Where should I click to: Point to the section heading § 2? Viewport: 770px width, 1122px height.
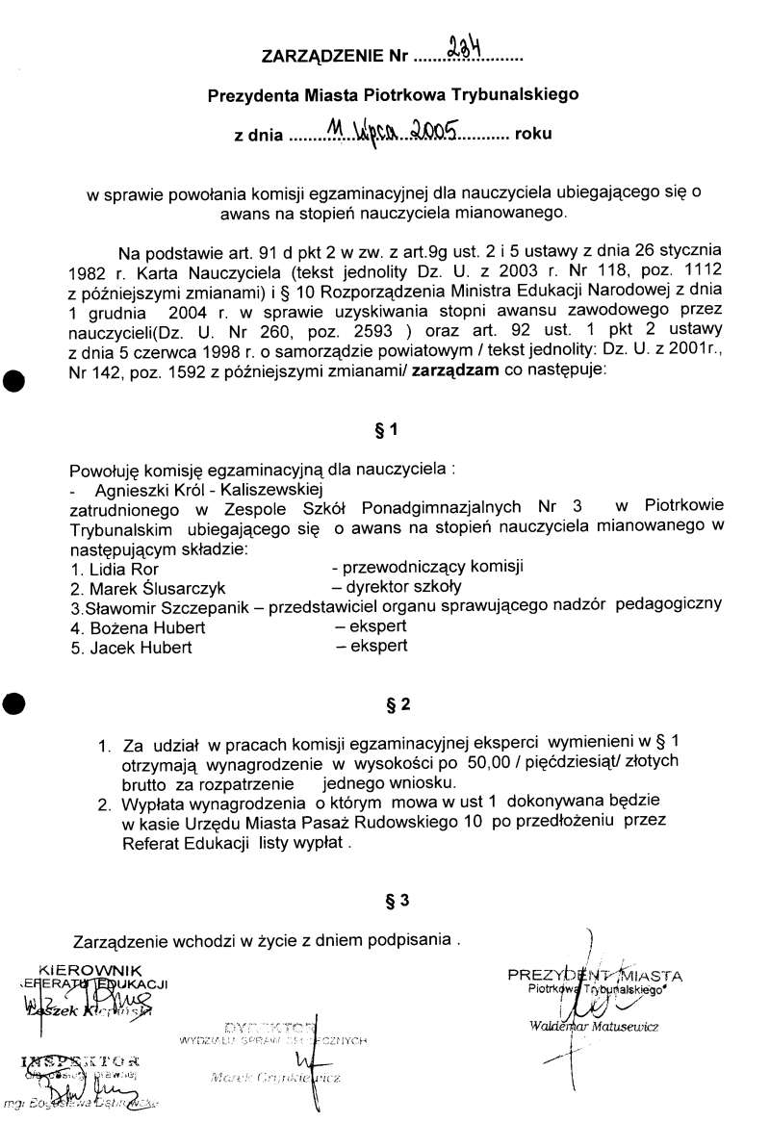click(398, 704)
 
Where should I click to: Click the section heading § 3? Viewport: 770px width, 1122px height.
click(398, 901)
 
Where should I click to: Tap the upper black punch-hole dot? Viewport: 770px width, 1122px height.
click(13, 380)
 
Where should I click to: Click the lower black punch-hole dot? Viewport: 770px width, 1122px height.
click(13, 701)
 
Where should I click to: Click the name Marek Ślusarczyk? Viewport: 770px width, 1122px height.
click(145, 586)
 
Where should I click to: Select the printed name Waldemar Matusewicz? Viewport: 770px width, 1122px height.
click(593, 1027)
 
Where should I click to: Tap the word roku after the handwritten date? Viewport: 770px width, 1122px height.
click(534, 134)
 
